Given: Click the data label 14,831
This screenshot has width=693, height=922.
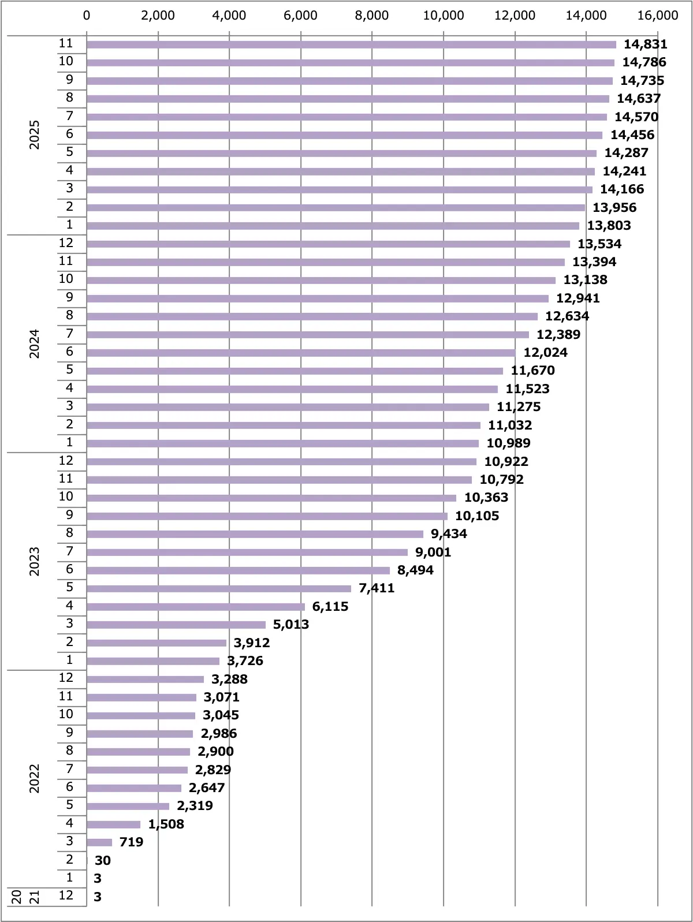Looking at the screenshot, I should (x=645, y=44).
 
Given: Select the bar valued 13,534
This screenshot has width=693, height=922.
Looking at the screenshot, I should (x=328, y=244).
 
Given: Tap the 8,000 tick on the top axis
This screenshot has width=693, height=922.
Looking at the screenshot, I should (x=372, y=16).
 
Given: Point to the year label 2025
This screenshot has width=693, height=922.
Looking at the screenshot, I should (x=35, y=135).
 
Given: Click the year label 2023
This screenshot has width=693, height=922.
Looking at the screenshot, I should (x=35, y=561).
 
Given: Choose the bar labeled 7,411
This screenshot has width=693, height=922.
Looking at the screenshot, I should (x=219, y=588).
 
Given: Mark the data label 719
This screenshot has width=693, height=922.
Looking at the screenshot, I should (x=131, y=842).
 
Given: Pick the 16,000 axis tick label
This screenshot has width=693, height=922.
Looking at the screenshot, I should (x=658, y=16).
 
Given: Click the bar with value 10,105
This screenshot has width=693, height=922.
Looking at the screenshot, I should (x=267, y=516).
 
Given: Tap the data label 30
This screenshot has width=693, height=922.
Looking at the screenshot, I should (x=102, y=861).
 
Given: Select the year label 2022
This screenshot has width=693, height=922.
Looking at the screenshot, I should (x=35, y=778).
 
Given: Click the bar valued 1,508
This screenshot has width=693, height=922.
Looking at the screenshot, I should (x=113, y=824).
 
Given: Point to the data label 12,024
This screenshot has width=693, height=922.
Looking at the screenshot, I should (x=545, y=353).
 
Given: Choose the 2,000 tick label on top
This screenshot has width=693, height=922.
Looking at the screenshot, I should (x=158, y=16).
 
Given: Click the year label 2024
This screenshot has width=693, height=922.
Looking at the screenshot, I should (x=35, y=344).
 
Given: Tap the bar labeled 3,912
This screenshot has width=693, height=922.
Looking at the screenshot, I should (x=157, y=643).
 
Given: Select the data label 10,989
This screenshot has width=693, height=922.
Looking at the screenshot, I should (x=508, y=443).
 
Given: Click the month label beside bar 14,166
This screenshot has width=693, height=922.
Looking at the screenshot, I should (x=70, y=188).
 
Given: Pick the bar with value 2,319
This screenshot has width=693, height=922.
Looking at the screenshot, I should (x=128, y=806).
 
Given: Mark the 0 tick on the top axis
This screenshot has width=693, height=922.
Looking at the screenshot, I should (x=87, y=16).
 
